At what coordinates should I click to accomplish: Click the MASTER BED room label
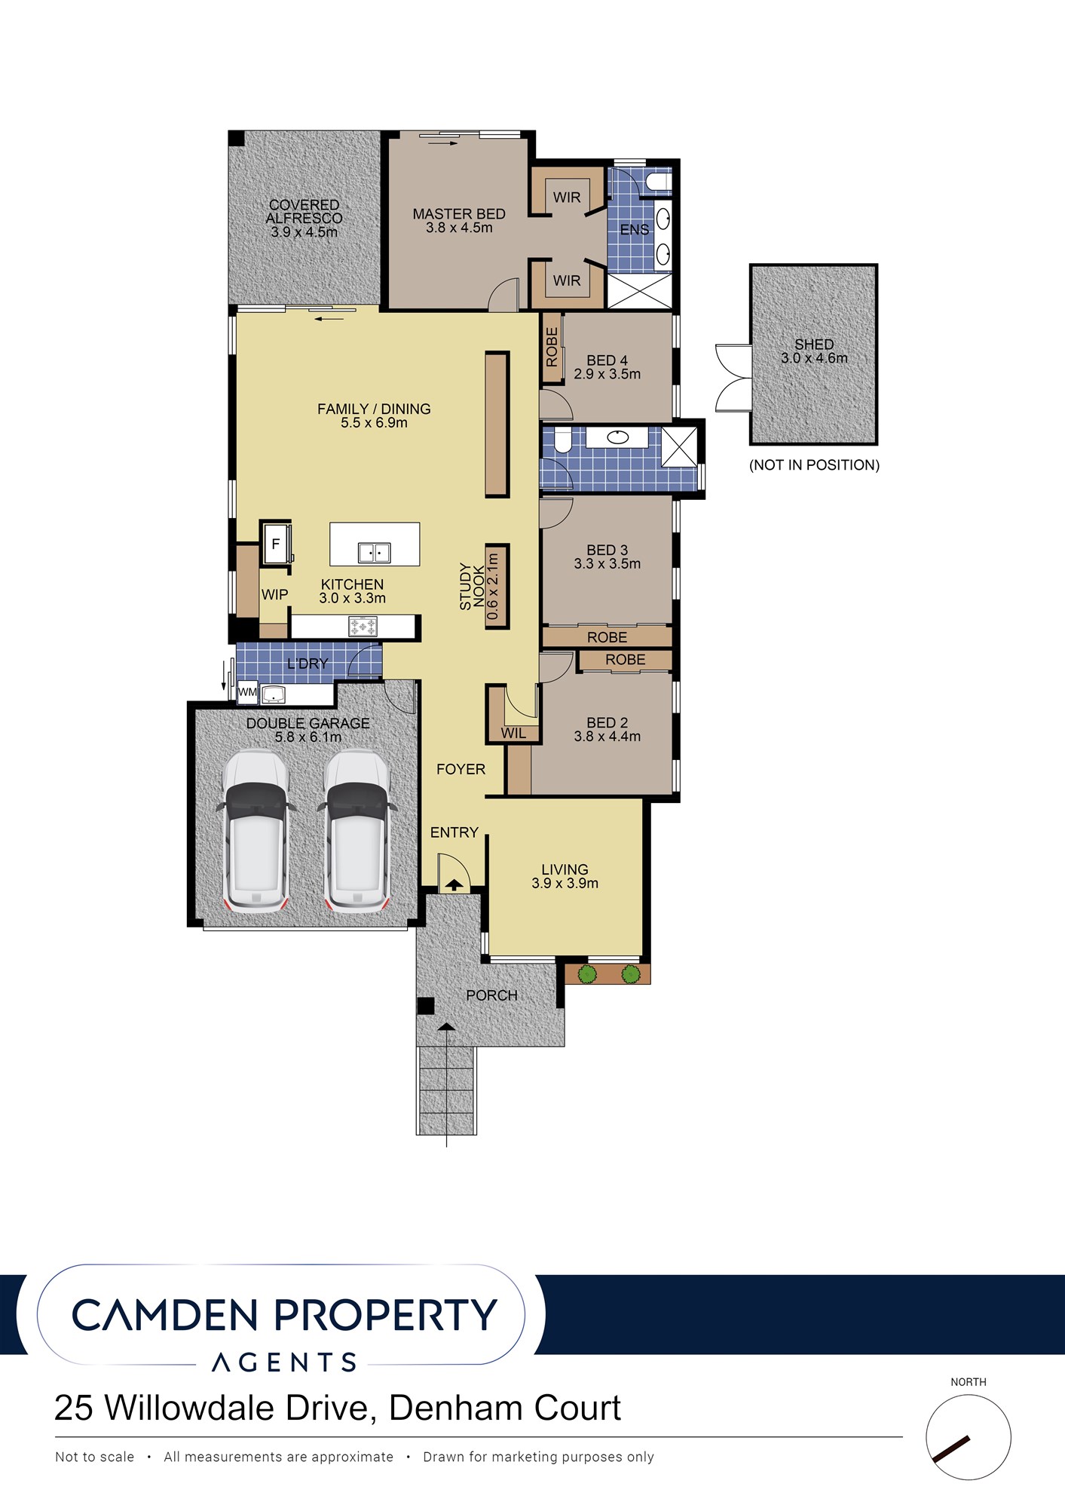(459, 214)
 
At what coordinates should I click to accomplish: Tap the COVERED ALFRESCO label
(305, 211)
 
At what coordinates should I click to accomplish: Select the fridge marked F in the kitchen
(275, 543)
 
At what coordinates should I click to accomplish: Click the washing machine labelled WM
(247, 692)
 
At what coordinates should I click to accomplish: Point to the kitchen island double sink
(374, 553)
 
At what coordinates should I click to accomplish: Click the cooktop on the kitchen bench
(363, 626)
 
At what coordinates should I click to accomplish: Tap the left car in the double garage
(256, 829)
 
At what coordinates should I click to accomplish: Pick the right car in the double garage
(357, 829)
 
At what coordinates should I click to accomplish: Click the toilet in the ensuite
(657, 182)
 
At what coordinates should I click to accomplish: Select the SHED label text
(814, 345)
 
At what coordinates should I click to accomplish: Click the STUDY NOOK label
(472, 586)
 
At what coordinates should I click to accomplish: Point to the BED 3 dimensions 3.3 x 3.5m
(607, 564)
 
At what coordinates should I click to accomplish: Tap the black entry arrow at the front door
(454, 885)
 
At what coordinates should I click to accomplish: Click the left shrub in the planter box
(587, 974)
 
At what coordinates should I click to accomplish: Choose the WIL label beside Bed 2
(513, 733)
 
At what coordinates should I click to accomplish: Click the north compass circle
(968, 1437)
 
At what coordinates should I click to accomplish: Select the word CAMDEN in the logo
(165, 1316)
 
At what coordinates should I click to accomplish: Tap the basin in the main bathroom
(617, 437)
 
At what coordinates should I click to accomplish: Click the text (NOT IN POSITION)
(814, 465)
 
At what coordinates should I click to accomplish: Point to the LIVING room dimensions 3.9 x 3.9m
(565, 884)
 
